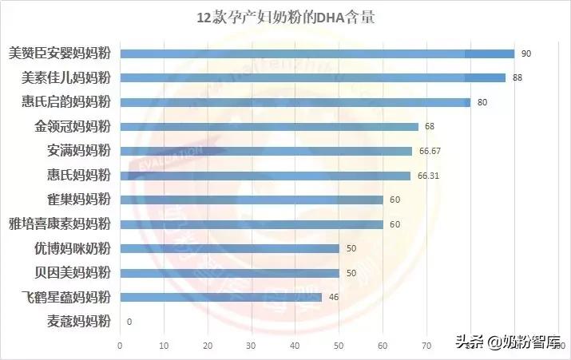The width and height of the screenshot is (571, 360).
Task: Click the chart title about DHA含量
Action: [285, 18]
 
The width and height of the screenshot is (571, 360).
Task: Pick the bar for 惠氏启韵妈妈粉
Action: [295, 102]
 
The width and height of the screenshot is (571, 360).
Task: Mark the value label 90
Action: [526, 53]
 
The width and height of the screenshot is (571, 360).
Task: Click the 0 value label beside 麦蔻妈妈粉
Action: [129, 322]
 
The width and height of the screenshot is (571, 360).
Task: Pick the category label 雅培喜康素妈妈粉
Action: [59, 224]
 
